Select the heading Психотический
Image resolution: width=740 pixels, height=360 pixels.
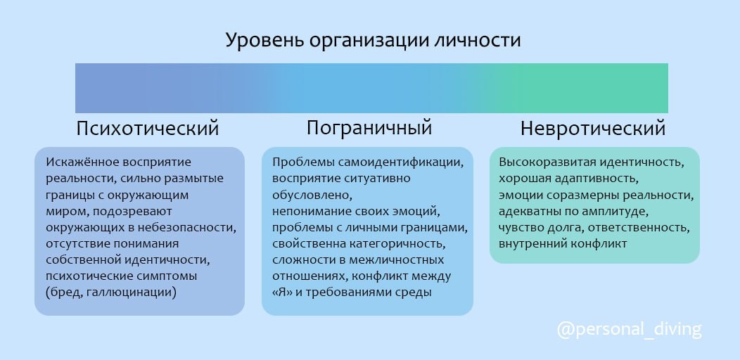[148, 129]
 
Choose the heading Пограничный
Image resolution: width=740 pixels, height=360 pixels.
[369, 129]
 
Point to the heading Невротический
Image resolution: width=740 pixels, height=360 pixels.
[593, 129]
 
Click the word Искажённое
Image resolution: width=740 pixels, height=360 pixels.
[83, 162]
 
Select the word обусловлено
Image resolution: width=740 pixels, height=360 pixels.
[312, 195]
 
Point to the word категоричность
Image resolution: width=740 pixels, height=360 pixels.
[397, 244]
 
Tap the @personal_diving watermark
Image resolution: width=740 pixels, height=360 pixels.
[630, 330]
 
